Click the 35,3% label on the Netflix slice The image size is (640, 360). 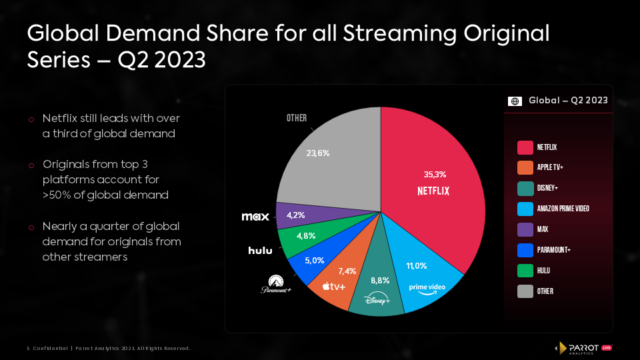click(435, 175)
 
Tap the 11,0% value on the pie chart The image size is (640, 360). click(417, 265)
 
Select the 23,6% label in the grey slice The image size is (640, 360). click(317, 153)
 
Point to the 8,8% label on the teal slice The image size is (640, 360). click(379, 281)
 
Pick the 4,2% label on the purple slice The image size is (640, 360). click(295, 215)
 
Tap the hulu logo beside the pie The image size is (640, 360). click(260, 251)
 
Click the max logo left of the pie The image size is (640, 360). click(255, 217)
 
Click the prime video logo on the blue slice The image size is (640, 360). click(427, 288)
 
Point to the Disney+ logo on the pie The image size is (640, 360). click(377, 301)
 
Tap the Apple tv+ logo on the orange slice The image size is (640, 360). click(333, 287)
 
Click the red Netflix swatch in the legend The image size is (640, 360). click(525, 147)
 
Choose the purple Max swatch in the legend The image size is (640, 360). click(525, 229)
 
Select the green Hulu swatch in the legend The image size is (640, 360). click(525, 271)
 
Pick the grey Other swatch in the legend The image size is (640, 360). click(525, 291)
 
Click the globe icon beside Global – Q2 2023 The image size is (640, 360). click(515, 101)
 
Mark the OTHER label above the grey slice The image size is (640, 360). click(297, 118)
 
